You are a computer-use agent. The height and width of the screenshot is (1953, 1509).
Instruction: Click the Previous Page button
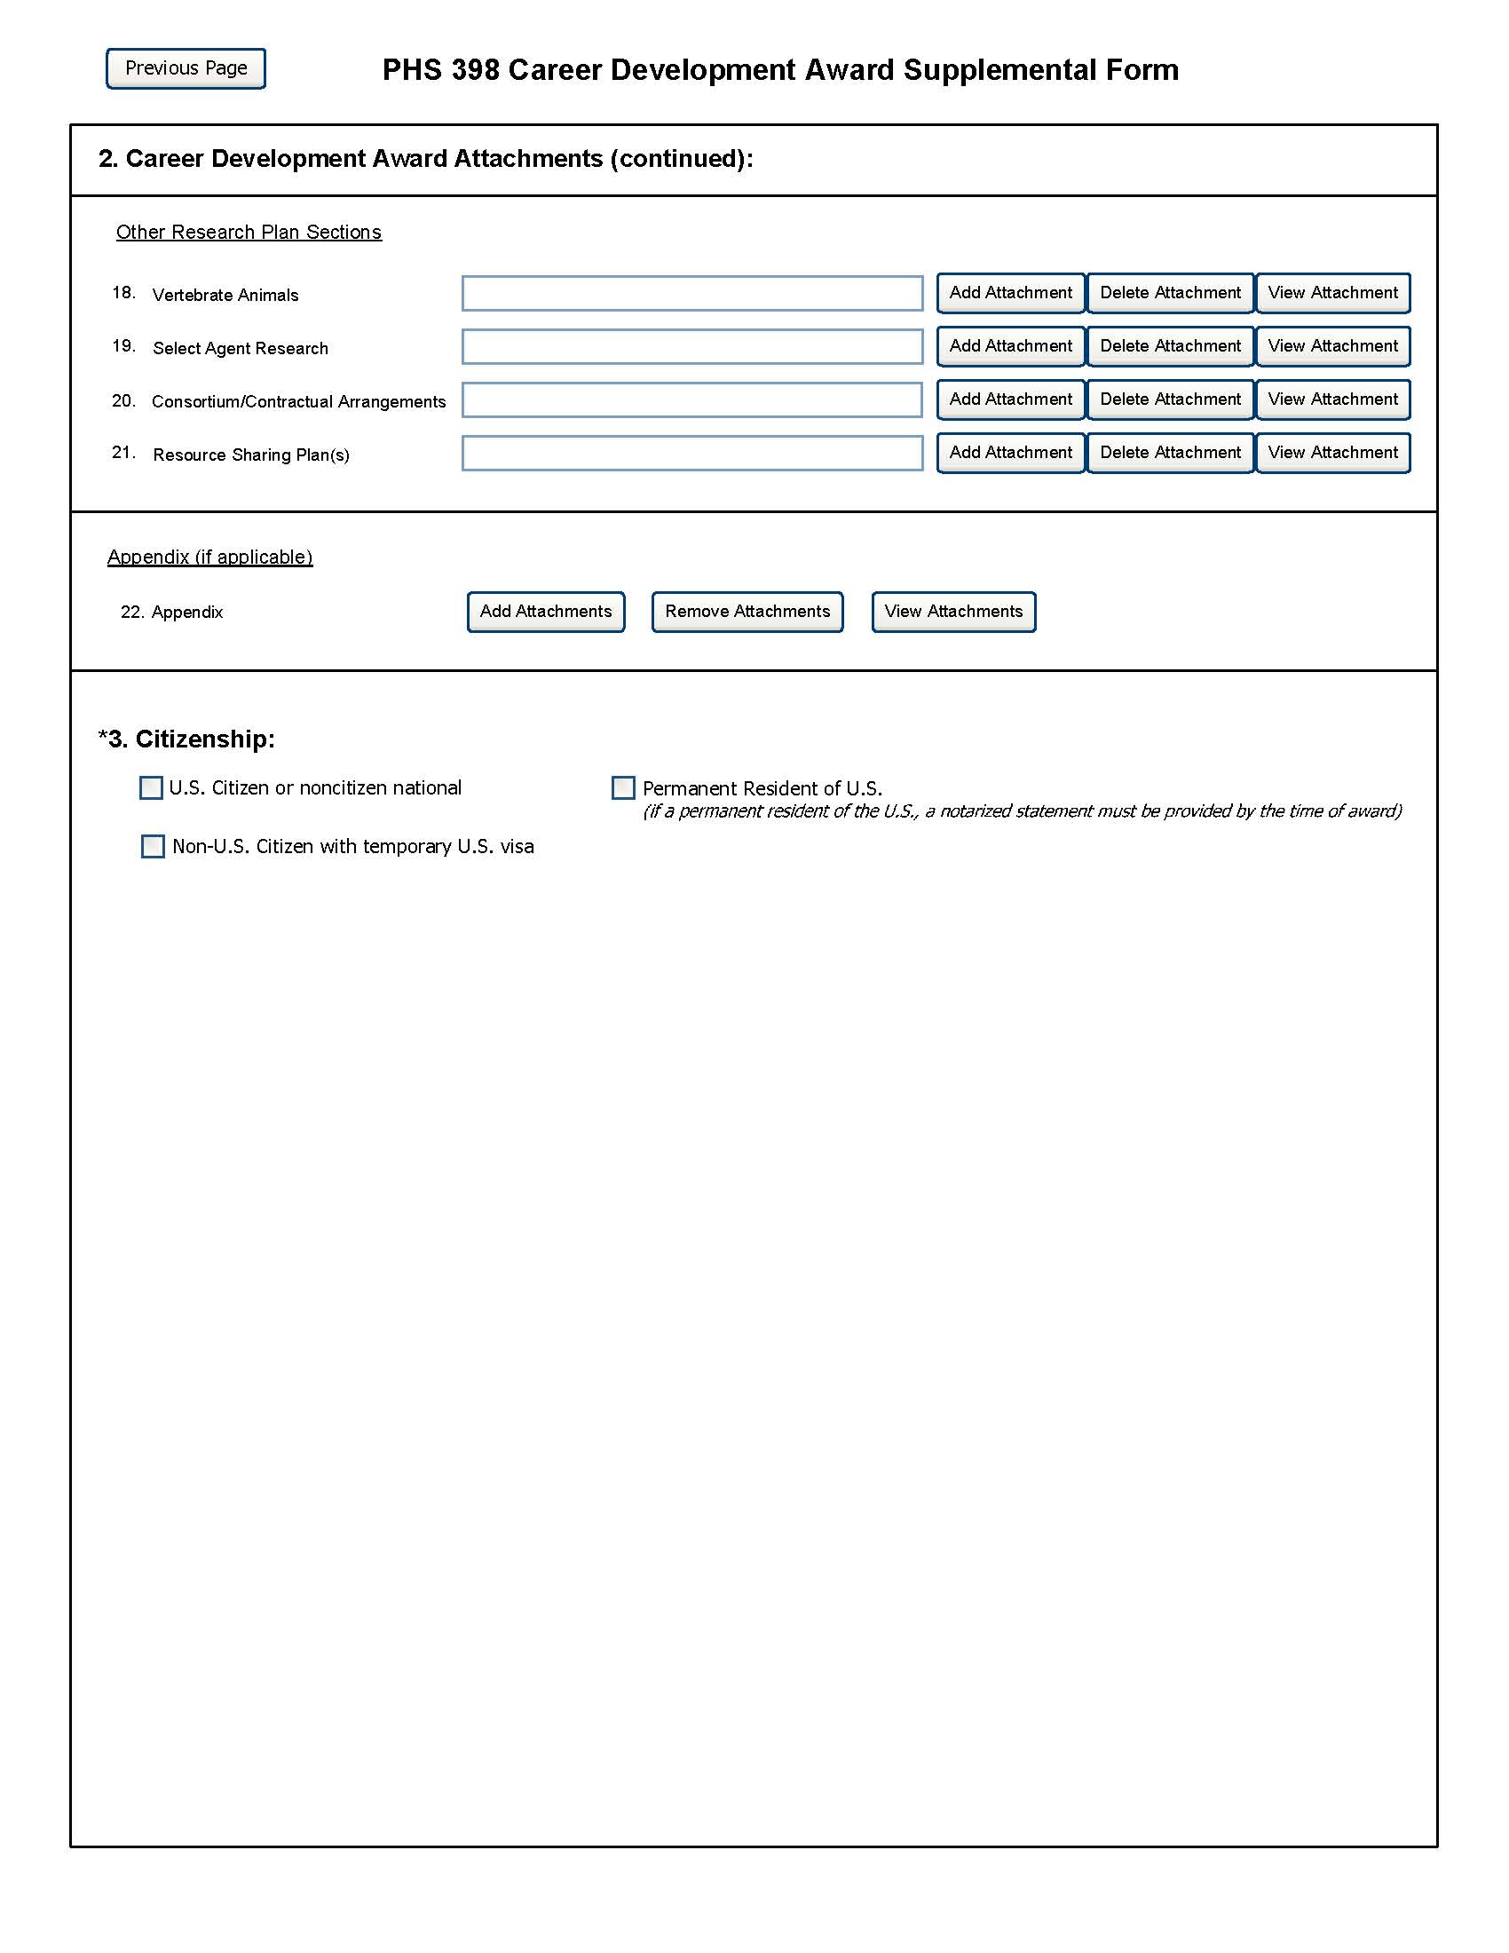[186, 69]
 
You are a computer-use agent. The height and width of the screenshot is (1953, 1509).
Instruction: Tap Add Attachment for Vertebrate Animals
[1010, 293]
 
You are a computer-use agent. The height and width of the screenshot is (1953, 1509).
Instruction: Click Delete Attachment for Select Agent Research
[1169, 346]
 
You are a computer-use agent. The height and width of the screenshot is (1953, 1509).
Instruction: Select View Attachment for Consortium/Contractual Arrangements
[1332, 399]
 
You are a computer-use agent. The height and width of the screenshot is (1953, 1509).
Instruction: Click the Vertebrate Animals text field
[692, 293]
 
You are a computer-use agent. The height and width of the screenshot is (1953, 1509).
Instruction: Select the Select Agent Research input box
[692, 346]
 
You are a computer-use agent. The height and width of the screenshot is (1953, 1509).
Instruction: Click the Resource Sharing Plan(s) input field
[692, 453]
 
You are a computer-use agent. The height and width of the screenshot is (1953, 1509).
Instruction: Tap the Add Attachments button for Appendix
[545, 612]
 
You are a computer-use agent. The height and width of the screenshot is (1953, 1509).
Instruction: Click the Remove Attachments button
[747, 612]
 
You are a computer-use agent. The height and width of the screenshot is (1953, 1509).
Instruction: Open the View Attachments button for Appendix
[953, 612]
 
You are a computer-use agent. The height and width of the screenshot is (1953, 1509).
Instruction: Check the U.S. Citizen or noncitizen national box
[151, 787]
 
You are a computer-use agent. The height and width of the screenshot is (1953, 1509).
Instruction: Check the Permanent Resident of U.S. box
[623, 787]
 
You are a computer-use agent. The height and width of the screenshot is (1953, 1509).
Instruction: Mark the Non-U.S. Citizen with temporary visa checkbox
[153, 846]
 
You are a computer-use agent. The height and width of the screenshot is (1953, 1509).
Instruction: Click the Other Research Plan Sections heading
[249, 233]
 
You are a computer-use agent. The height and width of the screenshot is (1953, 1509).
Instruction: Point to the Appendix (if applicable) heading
[210, 557]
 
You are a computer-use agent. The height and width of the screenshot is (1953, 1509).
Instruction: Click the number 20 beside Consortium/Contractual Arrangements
[122, 400]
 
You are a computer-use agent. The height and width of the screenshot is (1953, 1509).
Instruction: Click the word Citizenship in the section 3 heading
[204, 739]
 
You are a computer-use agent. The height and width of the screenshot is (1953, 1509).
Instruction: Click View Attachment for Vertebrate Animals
[1332, 293]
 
